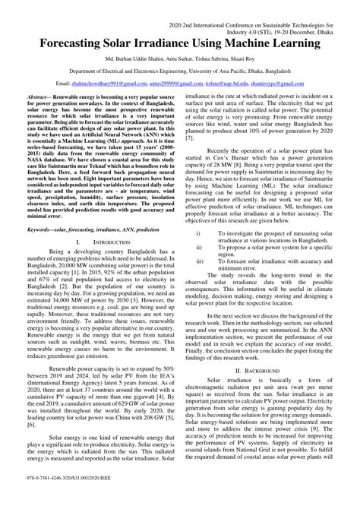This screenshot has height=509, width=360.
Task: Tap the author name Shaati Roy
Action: pos(260,58)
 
